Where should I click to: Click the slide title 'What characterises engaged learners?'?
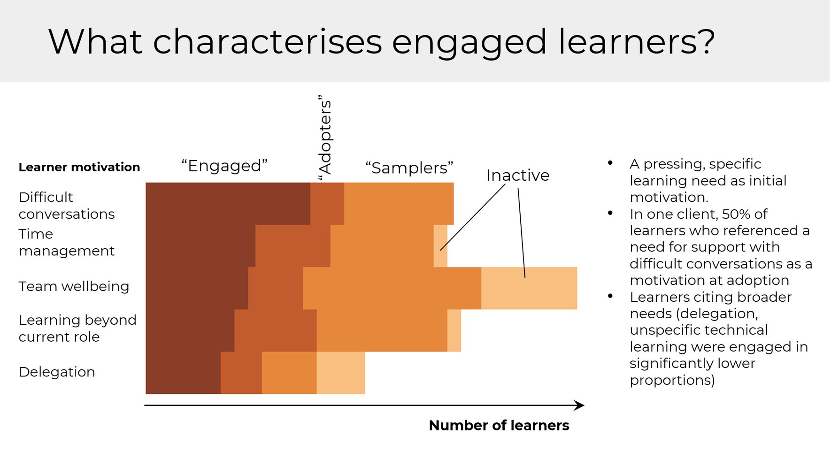(381, 42)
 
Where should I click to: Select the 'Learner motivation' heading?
(79, 167)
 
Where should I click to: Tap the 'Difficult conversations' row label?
(67, 206)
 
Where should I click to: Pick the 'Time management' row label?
(66, 242)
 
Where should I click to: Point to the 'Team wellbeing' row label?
(74, 286)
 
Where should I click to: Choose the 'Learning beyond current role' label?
(77, 328)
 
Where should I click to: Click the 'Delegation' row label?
(57, 372)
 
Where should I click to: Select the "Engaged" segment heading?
(224, 166)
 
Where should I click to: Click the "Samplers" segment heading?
(409, 168)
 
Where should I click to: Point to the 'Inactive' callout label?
(517, 175)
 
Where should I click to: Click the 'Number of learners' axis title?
(499, 425)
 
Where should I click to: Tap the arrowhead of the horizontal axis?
(580, 405)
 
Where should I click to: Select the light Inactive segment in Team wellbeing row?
(529, 288)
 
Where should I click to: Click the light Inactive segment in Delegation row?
(340, 373)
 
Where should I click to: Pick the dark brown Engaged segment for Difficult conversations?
(228, 204)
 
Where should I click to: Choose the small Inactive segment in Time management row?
(440, 246)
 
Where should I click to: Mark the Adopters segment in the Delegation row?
(241, 373)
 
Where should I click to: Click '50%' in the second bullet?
(735, 214)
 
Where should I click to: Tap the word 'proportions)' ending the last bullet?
(672, 380)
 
